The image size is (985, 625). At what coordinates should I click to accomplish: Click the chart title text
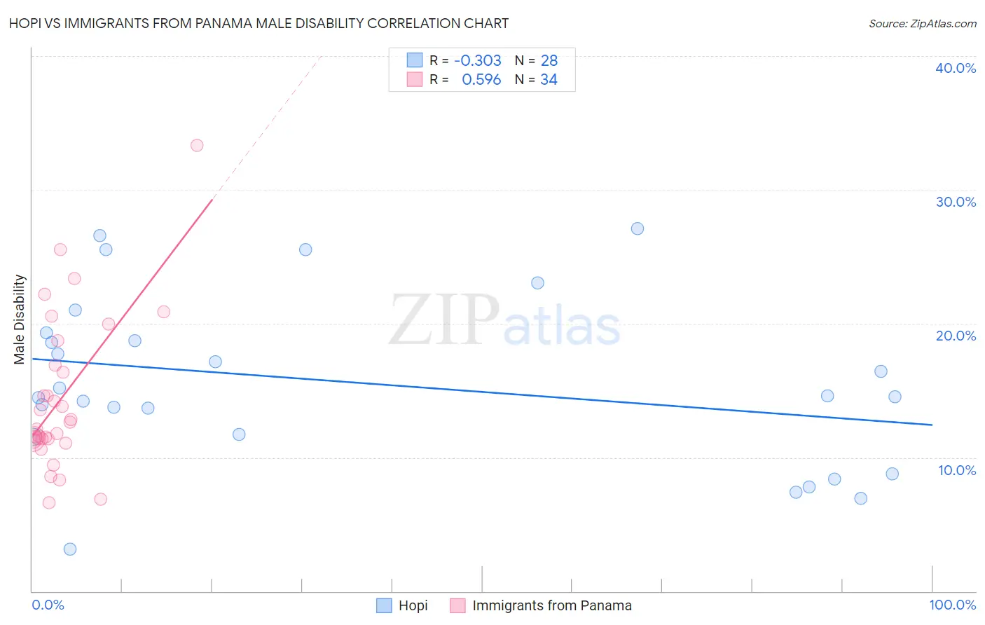pos(259,23)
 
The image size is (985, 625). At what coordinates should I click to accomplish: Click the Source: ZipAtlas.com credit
pos(922,23)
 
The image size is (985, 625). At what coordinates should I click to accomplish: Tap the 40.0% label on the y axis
pos(956,68)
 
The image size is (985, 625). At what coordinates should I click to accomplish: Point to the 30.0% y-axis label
pos(956,202)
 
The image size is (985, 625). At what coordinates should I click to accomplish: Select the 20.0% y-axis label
pos(956,336)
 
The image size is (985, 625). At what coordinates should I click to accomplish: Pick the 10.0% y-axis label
pos(957,470)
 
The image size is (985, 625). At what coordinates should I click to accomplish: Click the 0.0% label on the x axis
pos(48,605)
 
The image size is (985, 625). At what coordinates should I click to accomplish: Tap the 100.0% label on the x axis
pos(952,605)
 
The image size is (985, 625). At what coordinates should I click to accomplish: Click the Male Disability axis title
pos(20,319)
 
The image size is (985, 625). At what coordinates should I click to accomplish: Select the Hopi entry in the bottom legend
pos(413,605)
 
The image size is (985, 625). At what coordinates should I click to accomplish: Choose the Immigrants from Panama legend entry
pos(551,605)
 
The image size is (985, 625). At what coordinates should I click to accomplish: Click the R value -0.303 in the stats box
pos(478,61)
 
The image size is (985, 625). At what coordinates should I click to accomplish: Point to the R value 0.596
pos(481,80)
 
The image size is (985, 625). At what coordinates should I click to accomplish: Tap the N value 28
pos(549,61)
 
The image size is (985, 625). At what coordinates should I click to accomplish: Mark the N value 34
pos(549,80)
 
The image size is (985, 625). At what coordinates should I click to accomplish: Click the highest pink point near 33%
pos(197,145)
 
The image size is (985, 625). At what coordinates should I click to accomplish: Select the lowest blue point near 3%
pos(70,549)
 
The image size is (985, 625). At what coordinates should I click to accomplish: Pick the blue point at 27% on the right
pos(637,228)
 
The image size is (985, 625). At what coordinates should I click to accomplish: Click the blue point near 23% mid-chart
pos(537,283)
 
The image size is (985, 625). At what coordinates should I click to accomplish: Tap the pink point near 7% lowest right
pos(100,499)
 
